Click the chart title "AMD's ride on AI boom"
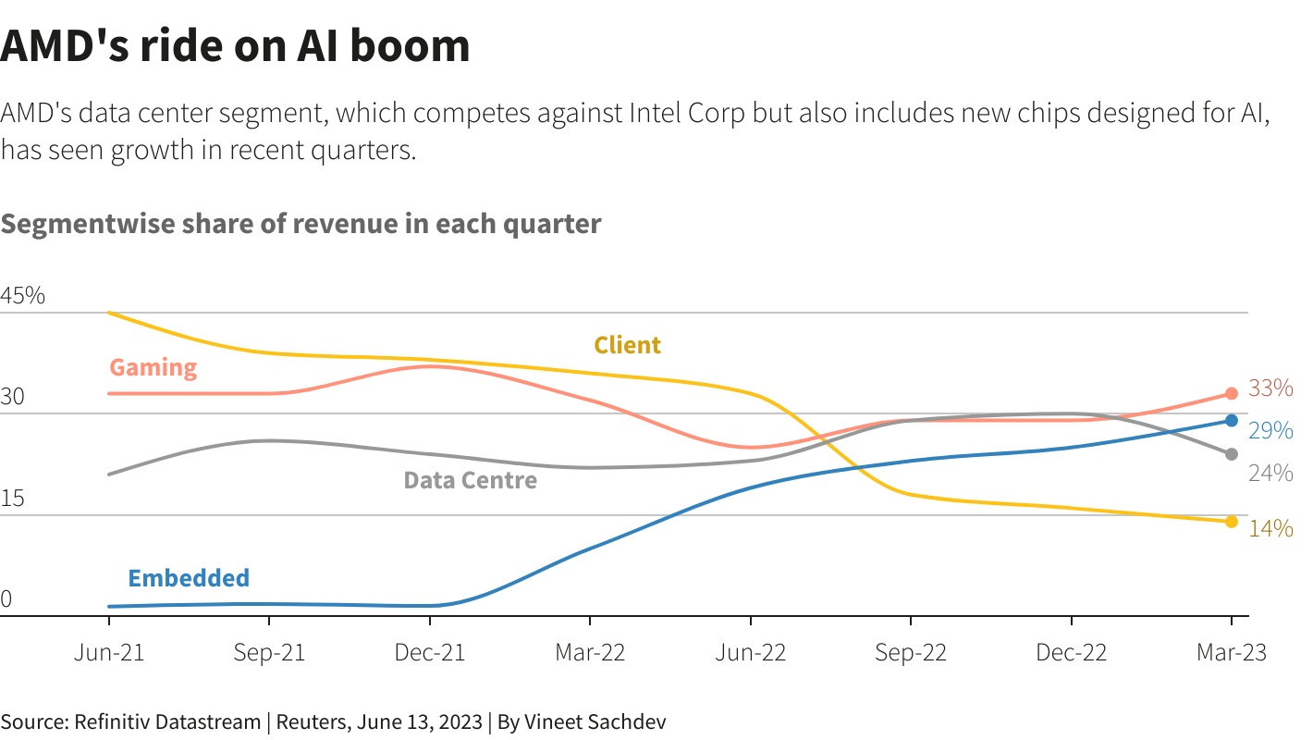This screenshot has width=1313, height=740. (x=235, y=46)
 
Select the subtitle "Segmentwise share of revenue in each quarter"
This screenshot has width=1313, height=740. (x=301, y=224)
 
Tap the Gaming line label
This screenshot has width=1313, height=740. (x=153, y=367)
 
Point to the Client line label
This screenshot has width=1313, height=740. (x=627, y=345)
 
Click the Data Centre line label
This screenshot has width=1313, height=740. (x=470, y=480)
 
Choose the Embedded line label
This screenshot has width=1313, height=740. (x=189, y=578)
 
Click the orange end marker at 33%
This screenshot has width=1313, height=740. (x=1231, y=394)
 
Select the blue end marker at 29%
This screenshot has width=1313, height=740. (x=1231, y=421)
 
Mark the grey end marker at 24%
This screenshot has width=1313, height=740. (x=1231, y=454)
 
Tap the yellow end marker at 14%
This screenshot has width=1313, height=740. (x=1231, y=522)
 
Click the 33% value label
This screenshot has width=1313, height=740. (x=1270, y=388)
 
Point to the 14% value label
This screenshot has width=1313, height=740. (x=1270, y=528)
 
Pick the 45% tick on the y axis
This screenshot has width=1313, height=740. (x=22, y=296)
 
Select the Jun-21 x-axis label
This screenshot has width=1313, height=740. (x=109, y=652)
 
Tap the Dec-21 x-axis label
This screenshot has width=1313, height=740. (x=430, y=652)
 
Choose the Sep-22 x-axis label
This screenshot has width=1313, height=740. (x=911, y=652)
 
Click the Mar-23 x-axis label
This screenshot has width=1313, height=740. (x=1231, y=652)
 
